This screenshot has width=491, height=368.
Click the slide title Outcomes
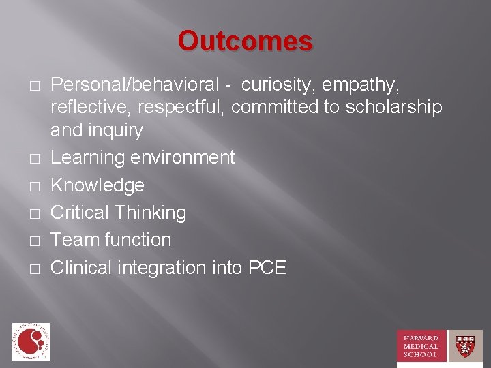coord(245,42)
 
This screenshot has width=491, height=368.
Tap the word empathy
coord(371,85)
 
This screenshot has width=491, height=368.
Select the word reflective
coord(94,108)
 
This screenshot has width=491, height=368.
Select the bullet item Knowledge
coord(98,185)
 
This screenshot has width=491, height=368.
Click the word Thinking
coord(150,213)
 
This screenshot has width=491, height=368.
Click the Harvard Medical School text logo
coord(421,346)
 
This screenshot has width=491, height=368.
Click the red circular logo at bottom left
coord(31,341)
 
